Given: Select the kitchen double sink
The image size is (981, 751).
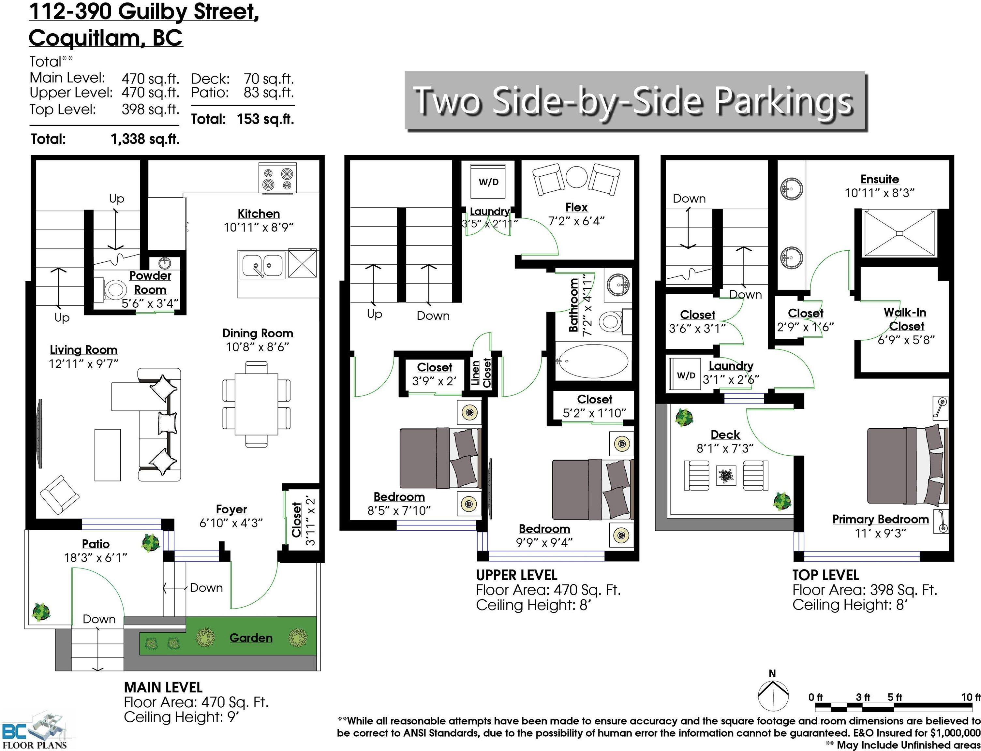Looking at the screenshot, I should point(262,266).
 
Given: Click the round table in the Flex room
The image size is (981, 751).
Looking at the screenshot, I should point(576,177).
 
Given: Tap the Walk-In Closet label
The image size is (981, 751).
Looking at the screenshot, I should point(905,319).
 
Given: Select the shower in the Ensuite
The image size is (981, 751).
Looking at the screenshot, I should point(899,233).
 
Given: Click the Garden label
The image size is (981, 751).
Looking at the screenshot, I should point(251,638).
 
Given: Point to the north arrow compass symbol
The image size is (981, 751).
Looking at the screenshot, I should point(772,695).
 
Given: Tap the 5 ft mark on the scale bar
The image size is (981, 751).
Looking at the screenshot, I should point(894,697).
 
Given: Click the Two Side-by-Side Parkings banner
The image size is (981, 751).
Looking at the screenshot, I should point(635,101).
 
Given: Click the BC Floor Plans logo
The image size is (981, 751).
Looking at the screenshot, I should point(34,732).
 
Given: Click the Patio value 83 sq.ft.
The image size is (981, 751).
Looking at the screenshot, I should point(269,93).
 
